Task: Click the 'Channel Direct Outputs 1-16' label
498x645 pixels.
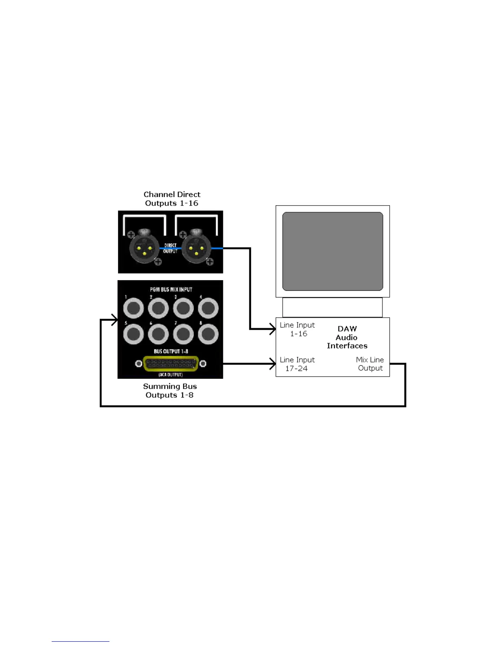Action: pyautogui.click(x=172, y=199)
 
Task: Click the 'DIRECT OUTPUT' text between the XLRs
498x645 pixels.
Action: pyautogui.click(x=170, y=248)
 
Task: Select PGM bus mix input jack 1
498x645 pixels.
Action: pyautogui.click(x=133, y=308)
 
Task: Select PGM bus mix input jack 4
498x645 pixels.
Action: pyautogui.click(x=208, y=308)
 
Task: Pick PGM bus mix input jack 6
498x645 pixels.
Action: pyautogui.click(x=158, y=334)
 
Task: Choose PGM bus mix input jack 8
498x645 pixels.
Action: pyautogui.click(x=208, y=334)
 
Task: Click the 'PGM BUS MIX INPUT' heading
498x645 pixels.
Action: pyautogui.click(x=171, y=290)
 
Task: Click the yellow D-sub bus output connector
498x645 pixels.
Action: pyautogui.click(x=171, y=364)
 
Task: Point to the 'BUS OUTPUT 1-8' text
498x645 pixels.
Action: pyautogui.click(x=171, y=351)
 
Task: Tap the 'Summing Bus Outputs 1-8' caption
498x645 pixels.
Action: pyautogui.click(x=170, y=391)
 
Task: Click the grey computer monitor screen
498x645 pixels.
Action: pyautogui.click(x=332, y=251)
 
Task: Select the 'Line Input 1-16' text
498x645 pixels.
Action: pyautogui.click(x=297, y=329)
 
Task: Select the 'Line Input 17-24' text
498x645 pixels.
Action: pyautogui.click(x=297, y=364)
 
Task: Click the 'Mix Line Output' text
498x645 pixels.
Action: pyautogui.click(x=370, y=364)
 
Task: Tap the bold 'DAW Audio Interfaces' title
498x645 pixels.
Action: pyautogui.click(x=347, y=337)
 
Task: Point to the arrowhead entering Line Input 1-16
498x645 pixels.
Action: pyautogui.click(x=273, y=329)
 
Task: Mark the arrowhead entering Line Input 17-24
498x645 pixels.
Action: pyautogui.click(x=273, y=364)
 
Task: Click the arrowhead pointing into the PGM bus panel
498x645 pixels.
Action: pyautogui.click(x=114, y=320)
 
